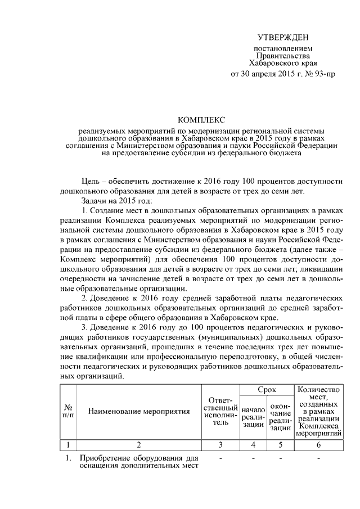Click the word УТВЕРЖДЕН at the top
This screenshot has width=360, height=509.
point(283,37)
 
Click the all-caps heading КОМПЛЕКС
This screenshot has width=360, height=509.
point(201,120)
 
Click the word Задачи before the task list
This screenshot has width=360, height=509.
point(94,201)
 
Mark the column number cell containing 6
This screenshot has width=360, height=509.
point(318,445)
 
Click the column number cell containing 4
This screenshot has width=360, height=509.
point(253,445)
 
